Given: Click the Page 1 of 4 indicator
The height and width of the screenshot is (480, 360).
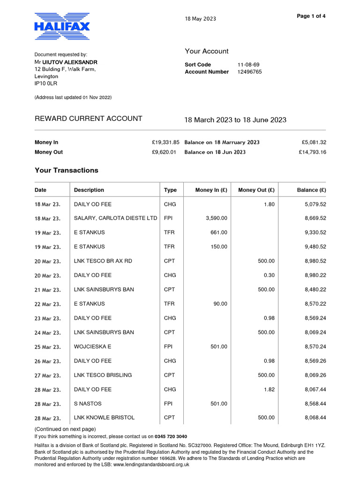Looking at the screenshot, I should click(311, 16).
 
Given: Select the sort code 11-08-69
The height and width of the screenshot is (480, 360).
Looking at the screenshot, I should click(248, 65).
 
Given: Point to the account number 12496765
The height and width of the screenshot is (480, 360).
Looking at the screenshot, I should click(249, 72).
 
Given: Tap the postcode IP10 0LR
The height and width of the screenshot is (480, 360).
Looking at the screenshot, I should click(46, 83).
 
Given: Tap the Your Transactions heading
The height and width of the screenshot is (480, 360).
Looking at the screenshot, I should click(67, 171).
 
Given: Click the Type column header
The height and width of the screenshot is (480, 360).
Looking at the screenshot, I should click(170, 190).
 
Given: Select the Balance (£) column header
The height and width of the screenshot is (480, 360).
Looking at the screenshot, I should click(311, 190).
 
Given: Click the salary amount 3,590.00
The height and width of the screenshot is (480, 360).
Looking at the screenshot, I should click(217, 218).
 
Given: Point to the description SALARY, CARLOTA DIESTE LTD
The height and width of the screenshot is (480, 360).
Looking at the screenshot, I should click(116, 218).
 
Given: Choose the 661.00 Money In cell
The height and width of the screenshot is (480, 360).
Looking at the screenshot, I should click(218, 232).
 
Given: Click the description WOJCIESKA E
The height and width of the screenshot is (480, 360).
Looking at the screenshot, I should click(92, 347).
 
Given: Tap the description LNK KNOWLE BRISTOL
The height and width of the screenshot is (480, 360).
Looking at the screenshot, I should click(104, 418).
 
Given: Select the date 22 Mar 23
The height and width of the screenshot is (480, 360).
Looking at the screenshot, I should click(47, 304).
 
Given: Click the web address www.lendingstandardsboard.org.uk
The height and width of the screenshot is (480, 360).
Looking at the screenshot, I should click(151, 465).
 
